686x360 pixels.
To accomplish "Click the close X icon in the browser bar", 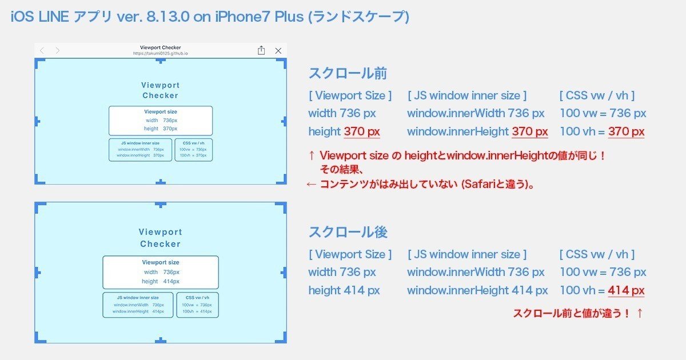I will point(278,51).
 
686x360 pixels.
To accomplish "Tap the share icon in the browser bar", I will point(261,50).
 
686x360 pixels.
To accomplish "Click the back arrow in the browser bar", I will point(42,51).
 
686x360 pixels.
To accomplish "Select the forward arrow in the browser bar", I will point(57,51).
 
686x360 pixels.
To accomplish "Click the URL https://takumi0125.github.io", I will point(161,53).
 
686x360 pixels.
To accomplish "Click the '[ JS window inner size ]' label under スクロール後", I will point(467,254).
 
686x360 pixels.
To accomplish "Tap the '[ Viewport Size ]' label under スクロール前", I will point(350,95).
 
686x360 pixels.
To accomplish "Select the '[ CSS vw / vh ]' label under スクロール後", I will point(597,254).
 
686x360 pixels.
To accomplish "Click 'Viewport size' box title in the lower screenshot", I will point(161,262).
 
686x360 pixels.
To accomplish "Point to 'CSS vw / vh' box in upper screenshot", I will point(193,150).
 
